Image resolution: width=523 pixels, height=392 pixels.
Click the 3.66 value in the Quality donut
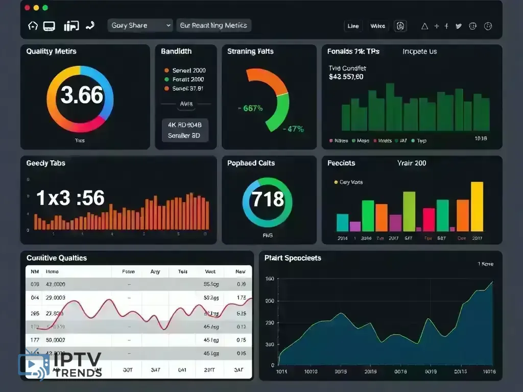(82, 95)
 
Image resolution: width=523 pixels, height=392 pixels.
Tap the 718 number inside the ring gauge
(268, 199)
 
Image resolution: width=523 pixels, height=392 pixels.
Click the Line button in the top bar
(353, 26)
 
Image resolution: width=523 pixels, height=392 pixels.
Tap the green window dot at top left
(45, 8)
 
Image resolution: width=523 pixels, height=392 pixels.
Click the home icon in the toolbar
(33, 26)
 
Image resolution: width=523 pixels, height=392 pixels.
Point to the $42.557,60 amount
(346, 77)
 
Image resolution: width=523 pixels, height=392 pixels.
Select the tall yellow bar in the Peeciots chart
(477, 207)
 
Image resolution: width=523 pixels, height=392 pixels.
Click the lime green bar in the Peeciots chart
(409, 211)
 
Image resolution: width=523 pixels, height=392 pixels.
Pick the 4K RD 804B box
(185, 124)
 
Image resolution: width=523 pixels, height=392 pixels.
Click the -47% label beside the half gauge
(294, 129)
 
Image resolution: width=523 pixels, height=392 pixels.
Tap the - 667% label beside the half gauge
(251, 108)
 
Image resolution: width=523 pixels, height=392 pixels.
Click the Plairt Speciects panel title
(293, 258)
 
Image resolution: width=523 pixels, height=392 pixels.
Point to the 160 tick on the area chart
(269, 279)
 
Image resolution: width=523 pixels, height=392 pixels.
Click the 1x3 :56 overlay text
(70, 198)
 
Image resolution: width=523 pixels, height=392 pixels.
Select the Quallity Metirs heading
(51, 52)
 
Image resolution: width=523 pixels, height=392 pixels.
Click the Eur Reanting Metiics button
(213, 26)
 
